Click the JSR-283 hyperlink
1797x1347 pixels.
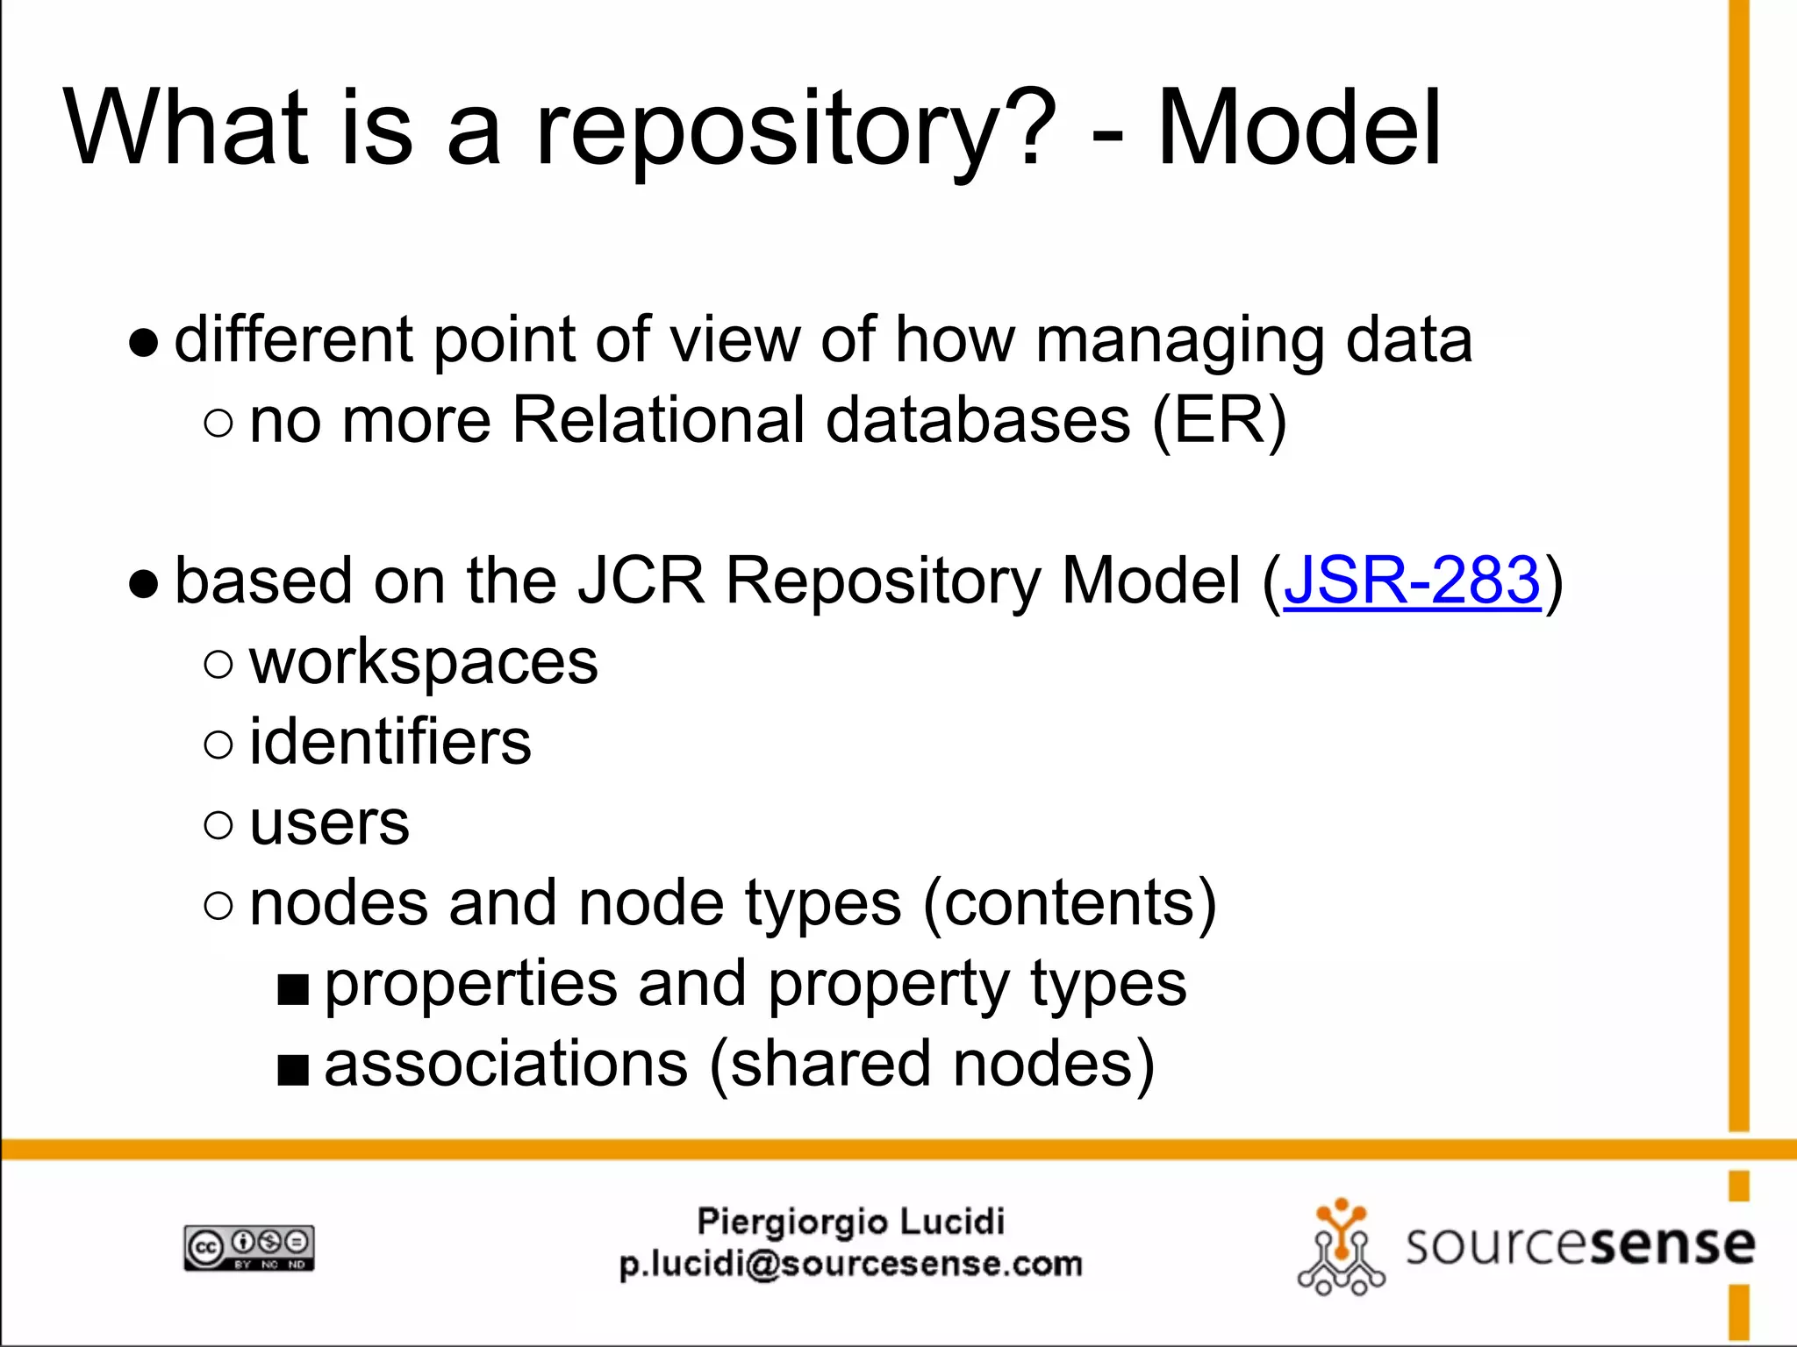pos(1411,581)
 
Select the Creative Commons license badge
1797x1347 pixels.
pos(248,1247)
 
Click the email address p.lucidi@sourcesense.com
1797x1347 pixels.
pos(850,1265)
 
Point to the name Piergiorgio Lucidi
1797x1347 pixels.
pos(850,1221)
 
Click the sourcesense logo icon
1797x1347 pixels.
pos(1341,1245)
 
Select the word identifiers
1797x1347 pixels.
pos(390,742)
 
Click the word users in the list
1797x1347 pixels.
pos(329,823)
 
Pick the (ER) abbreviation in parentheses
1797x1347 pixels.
pos(1219,421)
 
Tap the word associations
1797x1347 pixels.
pos(506,1064)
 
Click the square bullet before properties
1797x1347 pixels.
pos(293,989)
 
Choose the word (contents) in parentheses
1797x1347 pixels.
pos(1070,903)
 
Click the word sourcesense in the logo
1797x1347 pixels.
pos(1579,1245)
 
